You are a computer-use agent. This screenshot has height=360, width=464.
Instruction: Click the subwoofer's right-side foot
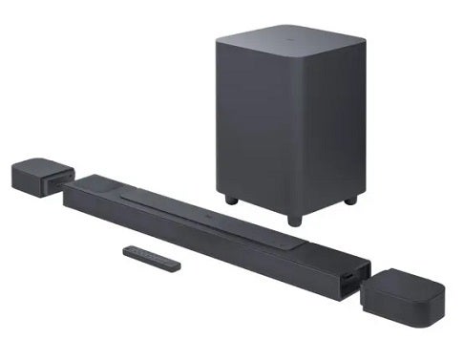coord(349,201)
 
